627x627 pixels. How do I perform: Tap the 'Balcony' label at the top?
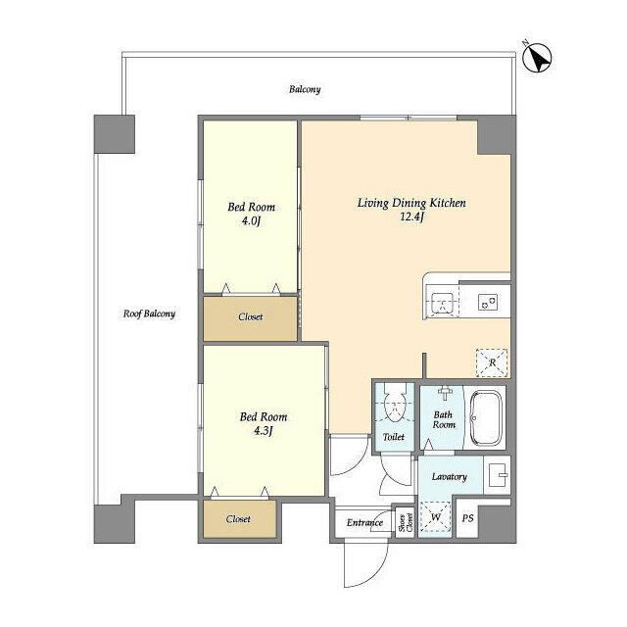pos(305,89)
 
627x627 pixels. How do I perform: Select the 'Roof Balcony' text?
pos(149,314)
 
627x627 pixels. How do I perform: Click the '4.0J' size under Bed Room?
pos(251,221)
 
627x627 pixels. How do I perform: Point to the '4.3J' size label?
pos(264,431)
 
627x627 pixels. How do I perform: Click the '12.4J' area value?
pos(411,217)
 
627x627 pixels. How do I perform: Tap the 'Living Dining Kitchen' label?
pos(410,203)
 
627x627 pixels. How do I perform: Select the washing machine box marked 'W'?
pos(436,515)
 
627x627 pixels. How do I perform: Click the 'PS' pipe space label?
pos(467,517)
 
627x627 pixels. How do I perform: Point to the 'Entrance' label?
pos(363,522)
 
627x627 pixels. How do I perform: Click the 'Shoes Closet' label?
pos(401,521)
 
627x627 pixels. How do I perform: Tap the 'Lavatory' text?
pos(449,477)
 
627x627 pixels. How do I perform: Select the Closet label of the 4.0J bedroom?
pos(250,316)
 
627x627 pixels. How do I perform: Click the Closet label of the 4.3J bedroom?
pos(238,519)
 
